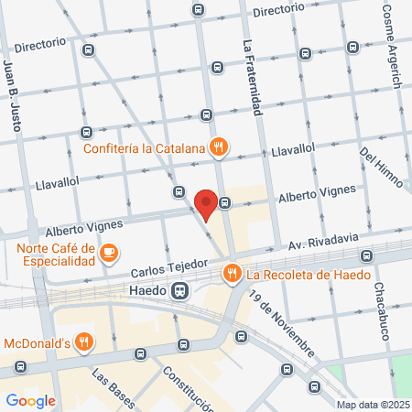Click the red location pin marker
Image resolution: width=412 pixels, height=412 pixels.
(207, 203)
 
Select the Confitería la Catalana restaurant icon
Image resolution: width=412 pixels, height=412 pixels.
(218, 146)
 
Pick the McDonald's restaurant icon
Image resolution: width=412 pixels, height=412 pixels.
(84, 343)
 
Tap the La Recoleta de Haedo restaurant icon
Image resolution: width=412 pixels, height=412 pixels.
(232, 273)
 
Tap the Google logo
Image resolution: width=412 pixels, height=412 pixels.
(30, 399)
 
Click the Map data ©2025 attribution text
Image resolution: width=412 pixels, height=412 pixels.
(372, 405)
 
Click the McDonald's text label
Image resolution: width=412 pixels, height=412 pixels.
(38, 343)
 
